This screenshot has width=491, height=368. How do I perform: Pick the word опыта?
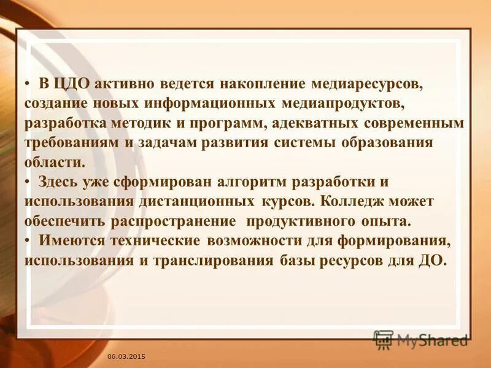(384, 221)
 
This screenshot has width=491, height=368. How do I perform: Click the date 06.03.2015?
(126, 356)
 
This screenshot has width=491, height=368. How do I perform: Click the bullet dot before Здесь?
(28, 182)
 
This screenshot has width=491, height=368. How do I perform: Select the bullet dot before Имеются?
(28, 240)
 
